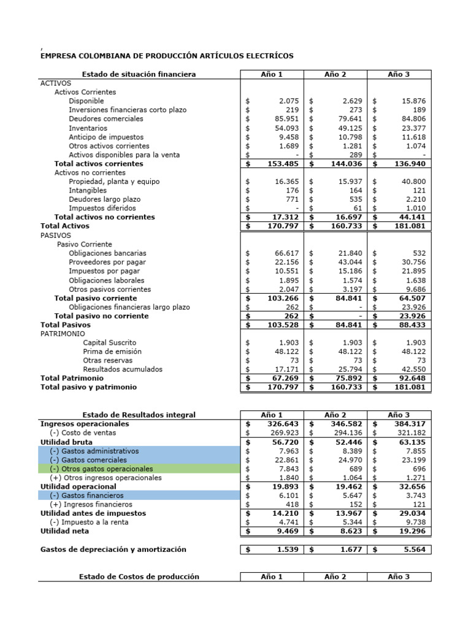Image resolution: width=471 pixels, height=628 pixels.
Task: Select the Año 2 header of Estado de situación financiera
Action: coord(335,74)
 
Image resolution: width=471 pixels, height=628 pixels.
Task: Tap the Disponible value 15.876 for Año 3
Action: coord(414,101)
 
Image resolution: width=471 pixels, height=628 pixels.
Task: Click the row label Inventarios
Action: coord(88,128)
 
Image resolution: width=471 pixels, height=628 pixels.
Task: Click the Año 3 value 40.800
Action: coord(414,182)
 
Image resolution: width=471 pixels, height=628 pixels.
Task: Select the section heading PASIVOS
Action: coord(55,235)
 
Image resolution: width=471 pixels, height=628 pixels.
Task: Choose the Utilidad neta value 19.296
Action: coord(413,530)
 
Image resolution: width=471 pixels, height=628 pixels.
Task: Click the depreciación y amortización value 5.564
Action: coord(415,549)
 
